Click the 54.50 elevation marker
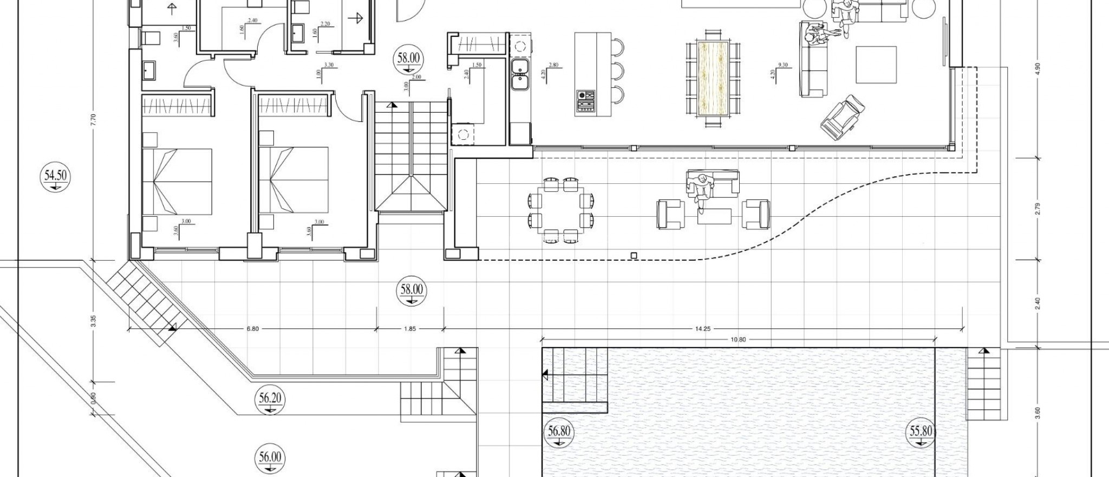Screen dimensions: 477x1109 pos(56,178)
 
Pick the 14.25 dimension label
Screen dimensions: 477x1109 pos(702,328)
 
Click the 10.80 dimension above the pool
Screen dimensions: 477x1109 pos(738,340)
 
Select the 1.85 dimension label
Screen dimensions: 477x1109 pos(410,328)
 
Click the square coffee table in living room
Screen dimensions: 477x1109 pos(876,65)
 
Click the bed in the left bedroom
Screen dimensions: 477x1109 pos(177,181)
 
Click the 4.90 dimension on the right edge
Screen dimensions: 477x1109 pos(1038,70)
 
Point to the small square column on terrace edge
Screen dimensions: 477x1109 pos(634,255)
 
